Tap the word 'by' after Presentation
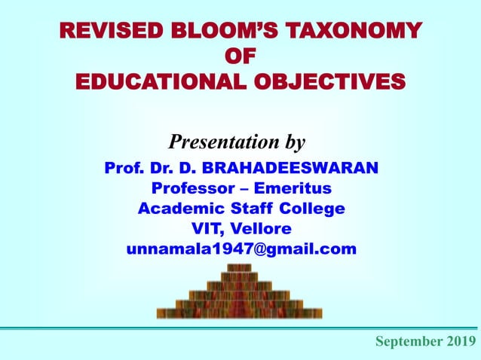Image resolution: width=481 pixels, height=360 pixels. point(296,142)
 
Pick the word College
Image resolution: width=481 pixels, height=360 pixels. point(310,208)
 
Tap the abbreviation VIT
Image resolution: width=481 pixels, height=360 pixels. point(209,228)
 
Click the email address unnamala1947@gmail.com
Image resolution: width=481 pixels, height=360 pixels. point(240,249)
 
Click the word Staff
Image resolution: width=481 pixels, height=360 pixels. point(243,208)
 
